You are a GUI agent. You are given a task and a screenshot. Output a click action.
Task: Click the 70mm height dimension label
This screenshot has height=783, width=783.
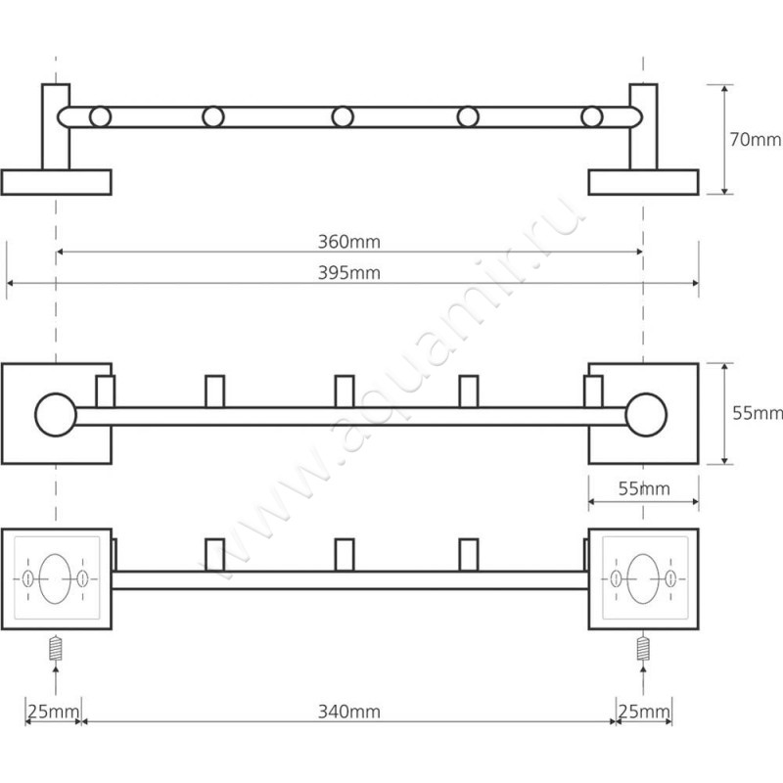click(x=755, y=140)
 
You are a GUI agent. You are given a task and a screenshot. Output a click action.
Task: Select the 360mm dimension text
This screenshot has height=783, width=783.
click(x=349, y=242)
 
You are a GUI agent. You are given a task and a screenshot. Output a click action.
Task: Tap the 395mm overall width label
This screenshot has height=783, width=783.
click(x=349, y=273)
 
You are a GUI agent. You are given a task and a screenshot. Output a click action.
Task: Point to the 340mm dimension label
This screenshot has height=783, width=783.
click(x=349, y=712)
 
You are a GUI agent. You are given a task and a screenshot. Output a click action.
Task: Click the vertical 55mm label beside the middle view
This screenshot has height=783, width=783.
click(x=757, y=413)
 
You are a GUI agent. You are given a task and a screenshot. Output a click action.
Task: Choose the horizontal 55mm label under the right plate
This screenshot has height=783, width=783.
click(x=644, y=488)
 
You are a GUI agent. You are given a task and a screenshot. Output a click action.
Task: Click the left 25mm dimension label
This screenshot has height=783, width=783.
click(x=53, y=712)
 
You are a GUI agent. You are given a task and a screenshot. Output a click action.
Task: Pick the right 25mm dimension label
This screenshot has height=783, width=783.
click(x=644, y=712)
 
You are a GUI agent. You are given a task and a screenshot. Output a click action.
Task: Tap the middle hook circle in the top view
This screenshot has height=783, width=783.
click(x=343, y=116)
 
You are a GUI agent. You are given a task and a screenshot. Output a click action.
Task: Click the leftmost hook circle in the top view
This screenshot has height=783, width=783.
click(x=101, y=116)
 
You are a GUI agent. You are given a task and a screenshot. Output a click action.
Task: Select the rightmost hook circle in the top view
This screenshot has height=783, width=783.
click(x=592, y=116)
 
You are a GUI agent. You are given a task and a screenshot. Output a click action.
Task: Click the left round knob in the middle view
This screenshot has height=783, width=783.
click(x=56, y=415)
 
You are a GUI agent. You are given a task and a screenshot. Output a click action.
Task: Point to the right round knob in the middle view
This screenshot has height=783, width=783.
click(x=646, y=415)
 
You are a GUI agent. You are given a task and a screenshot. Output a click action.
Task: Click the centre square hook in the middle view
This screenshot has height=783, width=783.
click(x=345, y=391)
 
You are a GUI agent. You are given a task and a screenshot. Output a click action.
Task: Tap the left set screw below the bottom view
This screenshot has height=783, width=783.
click(x=56, y=648)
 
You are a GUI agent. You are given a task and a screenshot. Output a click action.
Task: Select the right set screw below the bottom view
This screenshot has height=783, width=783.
click(x=644, y=648)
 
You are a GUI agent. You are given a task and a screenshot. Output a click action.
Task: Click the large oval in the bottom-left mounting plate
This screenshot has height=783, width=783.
click(x=55, y=578)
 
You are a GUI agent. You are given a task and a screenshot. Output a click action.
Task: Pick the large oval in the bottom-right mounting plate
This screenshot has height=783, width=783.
click(x=643, y=578)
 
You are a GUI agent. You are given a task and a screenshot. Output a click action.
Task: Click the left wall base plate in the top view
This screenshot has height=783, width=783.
click(x=57, y=182)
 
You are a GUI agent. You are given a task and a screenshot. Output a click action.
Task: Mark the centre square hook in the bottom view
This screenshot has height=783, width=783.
click(x=345, y=555)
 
